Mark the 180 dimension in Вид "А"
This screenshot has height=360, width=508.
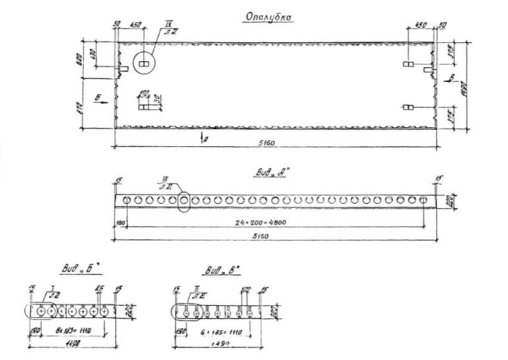(x=120, y=224)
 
